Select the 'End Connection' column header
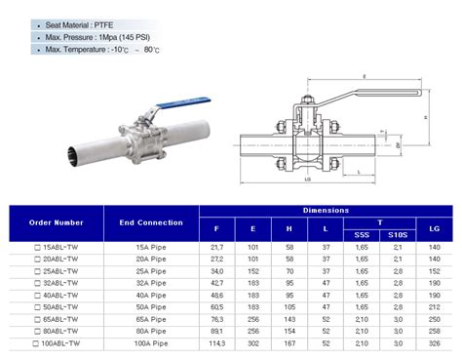click(151, 222)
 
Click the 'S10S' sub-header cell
click(397, 234)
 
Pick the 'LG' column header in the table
click(434, 228)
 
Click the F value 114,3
click(216, 343)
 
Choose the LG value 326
click(434, 343)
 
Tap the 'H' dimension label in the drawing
click(426, 115)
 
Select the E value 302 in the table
click(251, 343)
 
